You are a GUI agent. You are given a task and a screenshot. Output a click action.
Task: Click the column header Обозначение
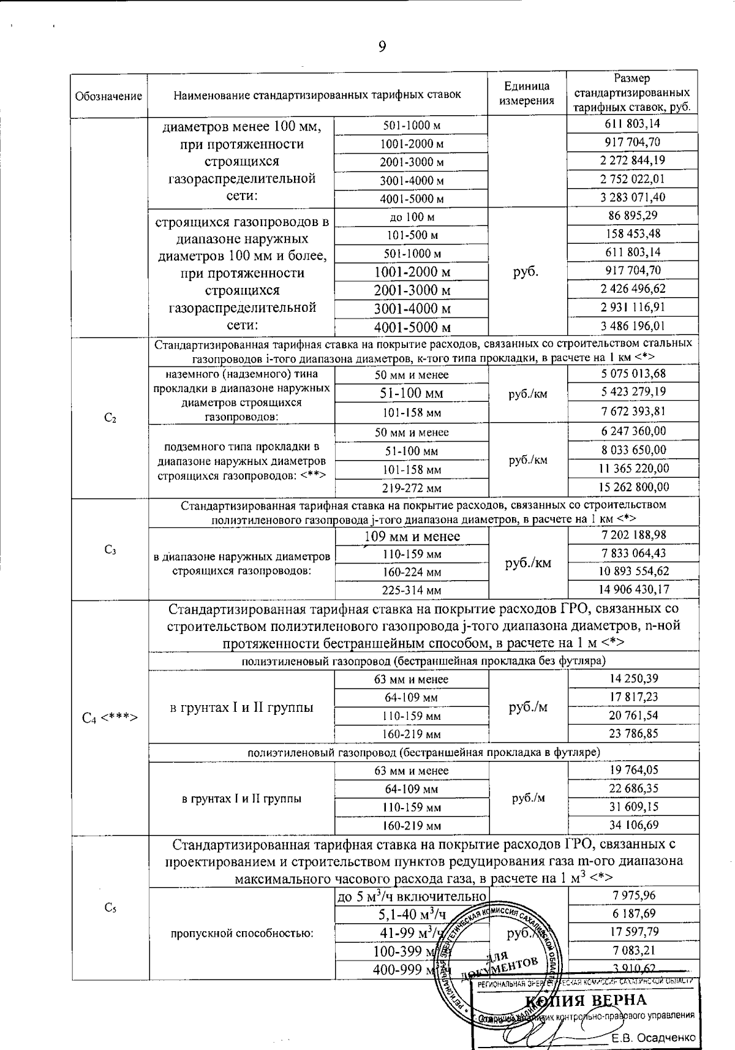pos(108,96)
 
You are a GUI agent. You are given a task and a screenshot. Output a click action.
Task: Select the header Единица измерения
pos(527,94)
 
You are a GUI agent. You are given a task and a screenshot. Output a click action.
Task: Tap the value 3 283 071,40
pos(633,197)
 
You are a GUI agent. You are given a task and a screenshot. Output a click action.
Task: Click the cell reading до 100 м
pos(412,217)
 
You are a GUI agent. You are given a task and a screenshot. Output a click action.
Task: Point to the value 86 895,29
pos(633,216)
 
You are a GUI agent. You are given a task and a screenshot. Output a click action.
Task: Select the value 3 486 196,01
pos(633,326)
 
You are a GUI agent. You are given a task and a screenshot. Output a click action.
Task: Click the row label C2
pos(110,418)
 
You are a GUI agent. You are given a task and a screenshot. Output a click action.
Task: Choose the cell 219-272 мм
pos(412,488)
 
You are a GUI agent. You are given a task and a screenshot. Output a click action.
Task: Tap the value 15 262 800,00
pos(633,487)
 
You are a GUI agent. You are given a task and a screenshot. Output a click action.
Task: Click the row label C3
pos(110,550)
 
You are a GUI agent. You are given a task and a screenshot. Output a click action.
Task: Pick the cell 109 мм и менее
pos(412,537)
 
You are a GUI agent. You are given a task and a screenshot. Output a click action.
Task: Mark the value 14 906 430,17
pos(633,589)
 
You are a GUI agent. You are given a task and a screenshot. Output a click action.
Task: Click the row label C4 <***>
pos(110,717)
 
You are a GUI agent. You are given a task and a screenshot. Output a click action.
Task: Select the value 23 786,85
pos(633,733)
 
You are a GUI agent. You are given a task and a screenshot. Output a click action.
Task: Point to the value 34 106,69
pos(633,825)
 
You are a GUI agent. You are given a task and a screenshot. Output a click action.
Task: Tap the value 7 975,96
pos(633,896)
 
